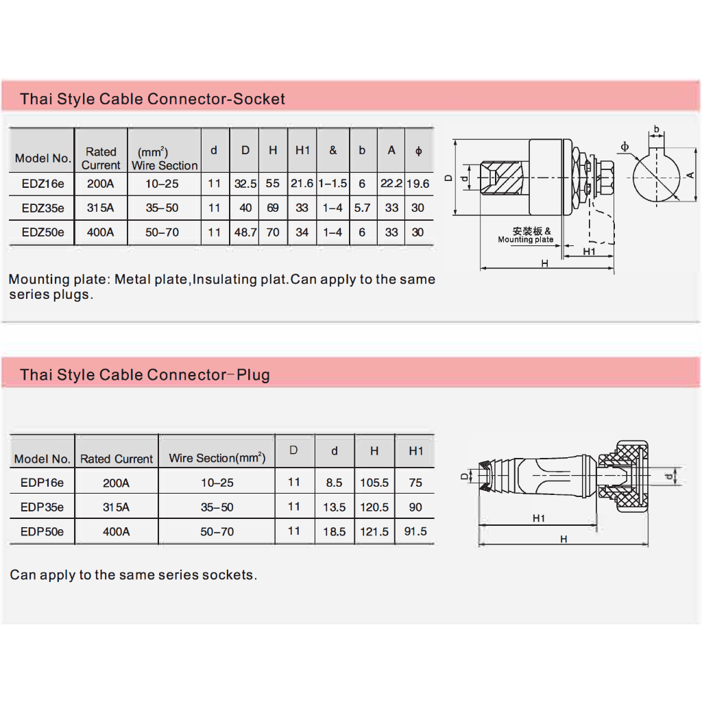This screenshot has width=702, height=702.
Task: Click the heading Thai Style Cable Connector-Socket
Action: pyautogui.click(x=152, y=99)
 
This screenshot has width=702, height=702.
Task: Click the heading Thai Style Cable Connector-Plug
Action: pyautogui.click(x=145, y=375)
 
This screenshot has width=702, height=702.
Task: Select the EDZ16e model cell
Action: pyautogui.click(x=43, y=184)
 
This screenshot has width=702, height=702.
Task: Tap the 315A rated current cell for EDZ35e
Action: pyautogui.click(x=100, y=208)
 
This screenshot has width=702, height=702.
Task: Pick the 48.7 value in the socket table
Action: pyautogui.click(x=245, y=232)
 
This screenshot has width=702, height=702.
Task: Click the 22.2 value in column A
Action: pyautogui.click(x=391, y=184)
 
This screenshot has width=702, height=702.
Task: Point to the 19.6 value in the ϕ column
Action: pyautogui.click(x=417, y=184)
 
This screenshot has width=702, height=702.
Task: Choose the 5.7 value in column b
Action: pyautogui.click(x=362, y=208)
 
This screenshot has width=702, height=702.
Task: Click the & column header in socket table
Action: pyautogui.click(x=332, y=150)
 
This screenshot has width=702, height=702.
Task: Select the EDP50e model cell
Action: pyautogui.click(x=42, y=531)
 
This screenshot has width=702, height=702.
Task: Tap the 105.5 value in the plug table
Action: pyautogui.click(x=374, y=483)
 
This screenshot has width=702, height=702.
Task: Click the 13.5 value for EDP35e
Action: pyautogui.click(x=335, y=507)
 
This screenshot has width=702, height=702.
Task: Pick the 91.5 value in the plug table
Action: pyautogui.click(x=415, y=531)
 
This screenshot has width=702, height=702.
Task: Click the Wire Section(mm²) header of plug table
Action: pyautogui.click(x=217, y=458)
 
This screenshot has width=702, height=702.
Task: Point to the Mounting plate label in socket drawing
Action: pyautogui.click(x=526, y=239)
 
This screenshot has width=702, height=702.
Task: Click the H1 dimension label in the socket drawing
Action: pyautogui.click(x=589, y=252)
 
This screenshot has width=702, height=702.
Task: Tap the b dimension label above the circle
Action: pyautogui.click(x=656, y=129)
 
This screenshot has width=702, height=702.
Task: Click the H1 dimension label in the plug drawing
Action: pyautogui.click(x=539, y=518)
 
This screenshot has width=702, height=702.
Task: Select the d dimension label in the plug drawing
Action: pyautogui.click(x=669, y=476)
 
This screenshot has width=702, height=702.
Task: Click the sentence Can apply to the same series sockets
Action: pyautogui.click(x=134, y=575)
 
